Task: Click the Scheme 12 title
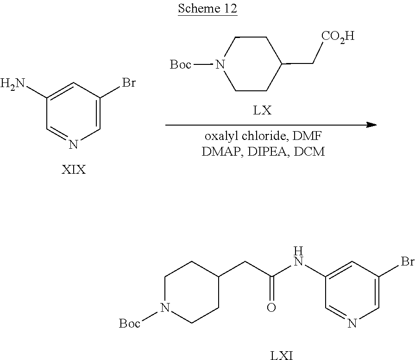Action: point(207,8)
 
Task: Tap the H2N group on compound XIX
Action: point(12,84)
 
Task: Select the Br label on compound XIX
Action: point(129,82)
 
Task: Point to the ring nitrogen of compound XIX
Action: point(73,145)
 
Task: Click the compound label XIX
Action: point(74,170)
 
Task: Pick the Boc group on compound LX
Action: point(180,64)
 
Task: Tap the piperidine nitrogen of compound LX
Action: point(220,64)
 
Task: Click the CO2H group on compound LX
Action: point(338,36)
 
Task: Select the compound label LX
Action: point(262,110)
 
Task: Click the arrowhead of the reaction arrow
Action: point(371,125)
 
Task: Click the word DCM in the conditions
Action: point(309,152)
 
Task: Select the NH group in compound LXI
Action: point(299,256)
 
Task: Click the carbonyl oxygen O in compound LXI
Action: point(271,307)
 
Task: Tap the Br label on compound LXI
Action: point(408,261)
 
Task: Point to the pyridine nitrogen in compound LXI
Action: point(352,323)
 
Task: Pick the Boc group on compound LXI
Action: point(129,323)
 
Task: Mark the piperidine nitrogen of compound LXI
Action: point(165,308)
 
